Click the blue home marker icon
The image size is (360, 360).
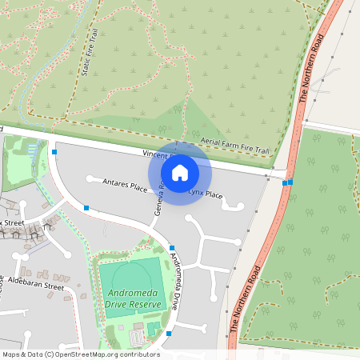coord(180,172)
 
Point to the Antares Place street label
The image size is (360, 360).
coord(125,186)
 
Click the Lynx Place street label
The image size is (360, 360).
coord(205,194)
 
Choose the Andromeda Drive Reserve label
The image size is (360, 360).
coord(134,298)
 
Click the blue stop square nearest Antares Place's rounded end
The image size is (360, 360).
coord(86,208)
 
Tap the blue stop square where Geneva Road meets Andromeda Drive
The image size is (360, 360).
coord(173,248)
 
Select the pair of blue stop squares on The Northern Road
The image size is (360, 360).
coord(287,183)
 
